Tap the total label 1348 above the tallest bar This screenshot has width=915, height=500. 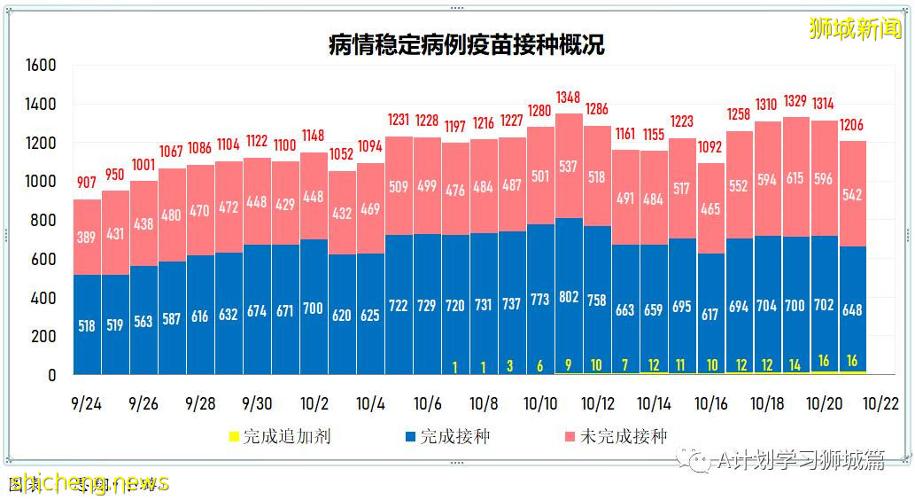pos(568,97)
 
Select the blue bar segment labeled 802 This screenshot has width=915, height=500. pos(568,297)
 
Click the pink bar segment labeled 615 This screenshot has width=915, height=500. pos(795,178)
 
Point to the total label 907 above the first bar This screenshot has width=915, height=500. pos(86,183)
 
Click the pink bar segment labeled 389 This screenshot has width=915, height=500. pos(86,238)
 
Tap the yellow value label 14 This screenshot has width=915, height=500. pos(795,364)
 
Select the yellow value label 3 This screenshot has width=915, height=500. pos(511,365)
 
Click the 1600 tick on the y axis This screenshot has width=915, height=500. pos(41,66)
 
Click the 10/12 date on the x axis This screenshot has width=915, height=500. pos(597,404)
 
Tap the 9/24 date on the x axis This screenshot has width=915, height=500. pos(86,404)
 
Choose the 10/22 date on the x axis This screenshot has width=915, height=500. pos(880,404)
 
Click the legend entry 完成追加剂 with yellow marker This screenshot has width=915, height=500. pos(280,437)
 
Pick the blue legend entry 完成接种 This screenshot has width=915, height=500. pos(446,437)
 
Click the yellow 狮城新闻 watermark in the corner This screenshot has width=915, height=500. pos(855,28)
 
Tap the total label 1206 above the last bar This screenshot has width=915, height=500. pos(851,125)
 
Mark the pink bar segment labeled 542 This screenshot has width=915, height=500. pos(851,195)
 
